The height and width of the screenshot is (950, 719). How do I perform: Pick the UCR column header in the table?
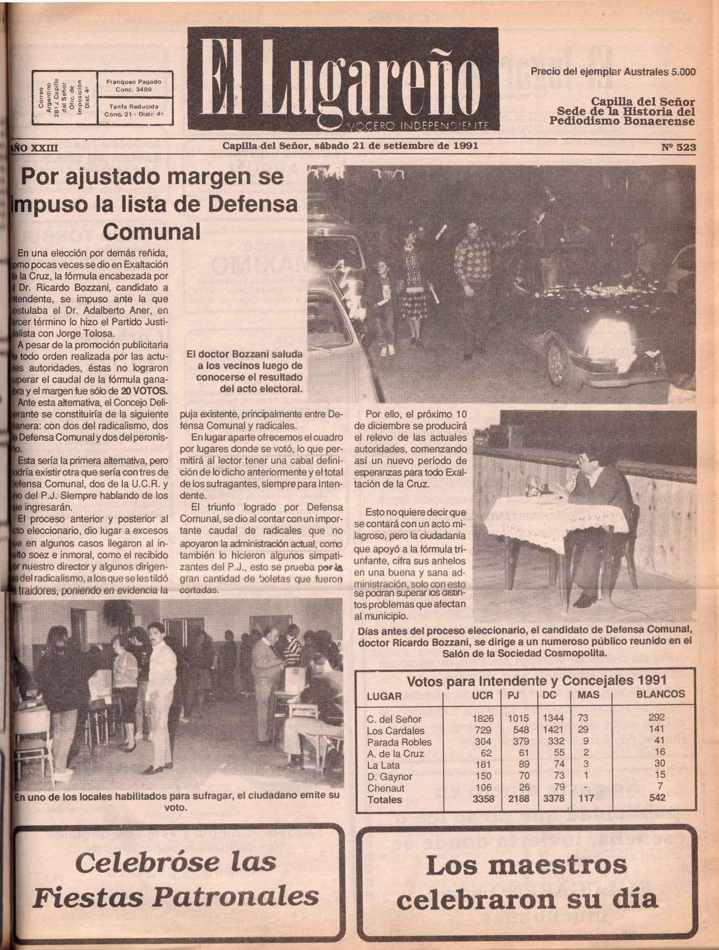click(x=482, y=695)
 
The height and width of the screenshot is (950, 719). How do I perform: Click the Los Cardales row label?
click(x=395, y=730)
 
